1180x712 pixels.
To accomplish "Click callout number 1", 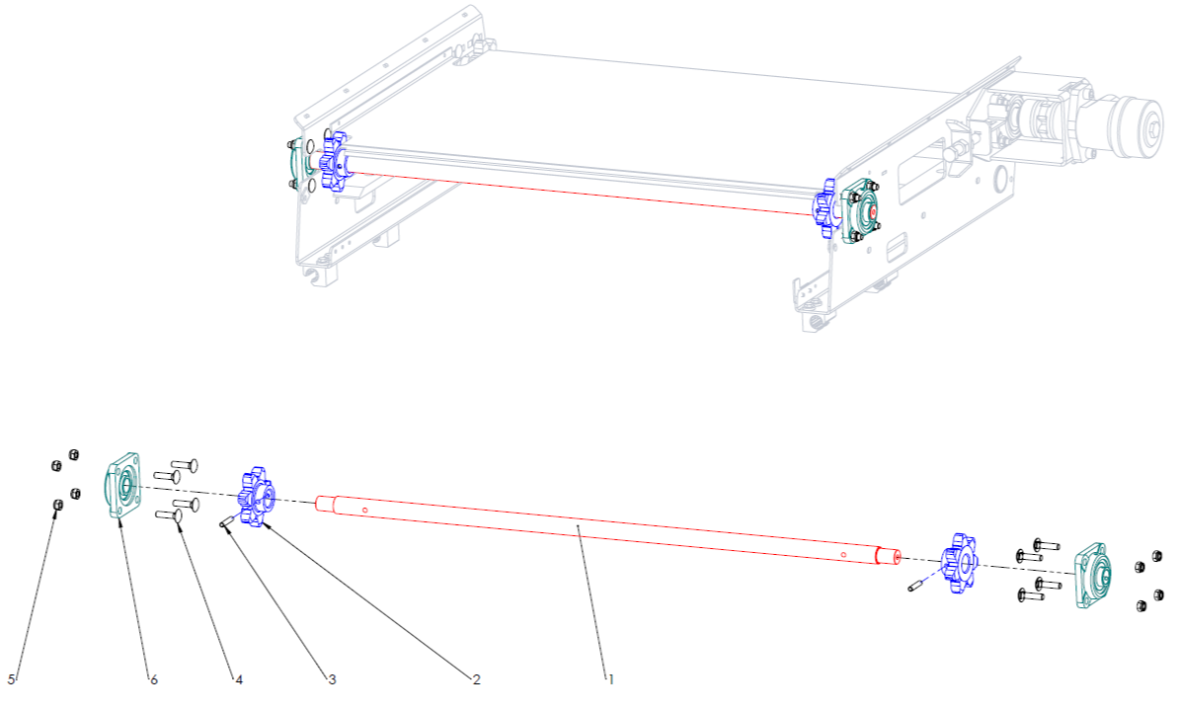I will pos(611,679).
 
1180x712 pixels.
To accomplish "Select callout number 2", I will pos(476,679).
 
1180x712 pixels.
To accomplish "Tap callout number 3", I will pos(332,679).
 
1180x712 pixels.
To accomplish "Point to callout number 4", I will pos(238,679).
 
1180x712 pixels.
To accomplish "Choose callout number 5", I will pos(11,679).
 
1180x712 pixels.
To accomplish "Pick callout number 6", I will pos(153,679).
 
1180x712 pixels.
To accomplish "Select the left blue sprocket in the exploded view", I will pos(257,496).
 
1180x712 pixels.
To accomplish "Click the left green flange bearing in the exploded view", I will pos(122,484).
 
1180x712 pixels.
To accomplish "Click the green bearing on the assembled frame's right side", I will pos(864,209).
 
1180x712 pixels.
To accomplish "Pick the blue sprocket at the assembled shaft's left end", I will pos(332,161).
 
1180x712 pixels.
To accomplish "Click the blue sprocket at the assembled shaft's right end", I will pos(825,208).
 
